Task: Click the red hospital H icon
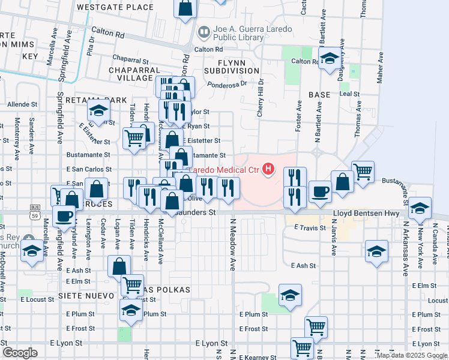tap(268, 170)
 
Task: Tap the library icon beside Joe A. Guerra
tap(204, 31)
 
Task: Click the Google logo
tap(20, 353)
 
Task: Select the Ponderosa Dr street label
tap(223, 84)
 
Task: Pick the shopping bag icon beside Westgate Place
tap(185, 8)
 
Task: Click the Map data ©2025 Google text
tap(412, 355)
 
